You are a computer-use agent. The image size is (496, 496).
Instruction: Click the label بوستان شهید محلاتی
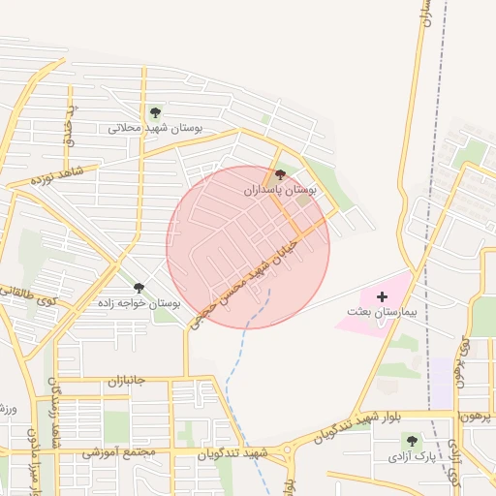155,127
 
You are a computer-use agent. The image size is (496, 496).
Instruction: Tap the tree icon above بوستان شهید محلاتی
155,112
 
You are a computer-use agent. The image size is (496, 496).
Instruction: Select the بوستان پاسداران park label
280,191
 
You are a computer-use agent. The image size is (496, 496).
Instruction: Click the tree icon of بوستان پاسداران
281,175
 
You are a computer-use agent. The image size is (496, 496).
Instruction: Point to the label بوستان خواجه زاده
139,303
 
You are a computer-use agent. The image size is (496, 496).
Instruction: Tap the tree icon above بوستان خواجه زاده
139,288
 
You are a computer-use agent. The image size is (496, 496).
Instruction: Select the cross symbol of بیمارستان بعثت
381,295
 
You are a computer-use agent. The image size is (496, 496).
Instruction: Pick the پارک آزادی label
412,454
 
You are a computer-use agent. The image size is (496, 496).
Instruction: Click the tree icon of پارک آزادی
412,441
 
